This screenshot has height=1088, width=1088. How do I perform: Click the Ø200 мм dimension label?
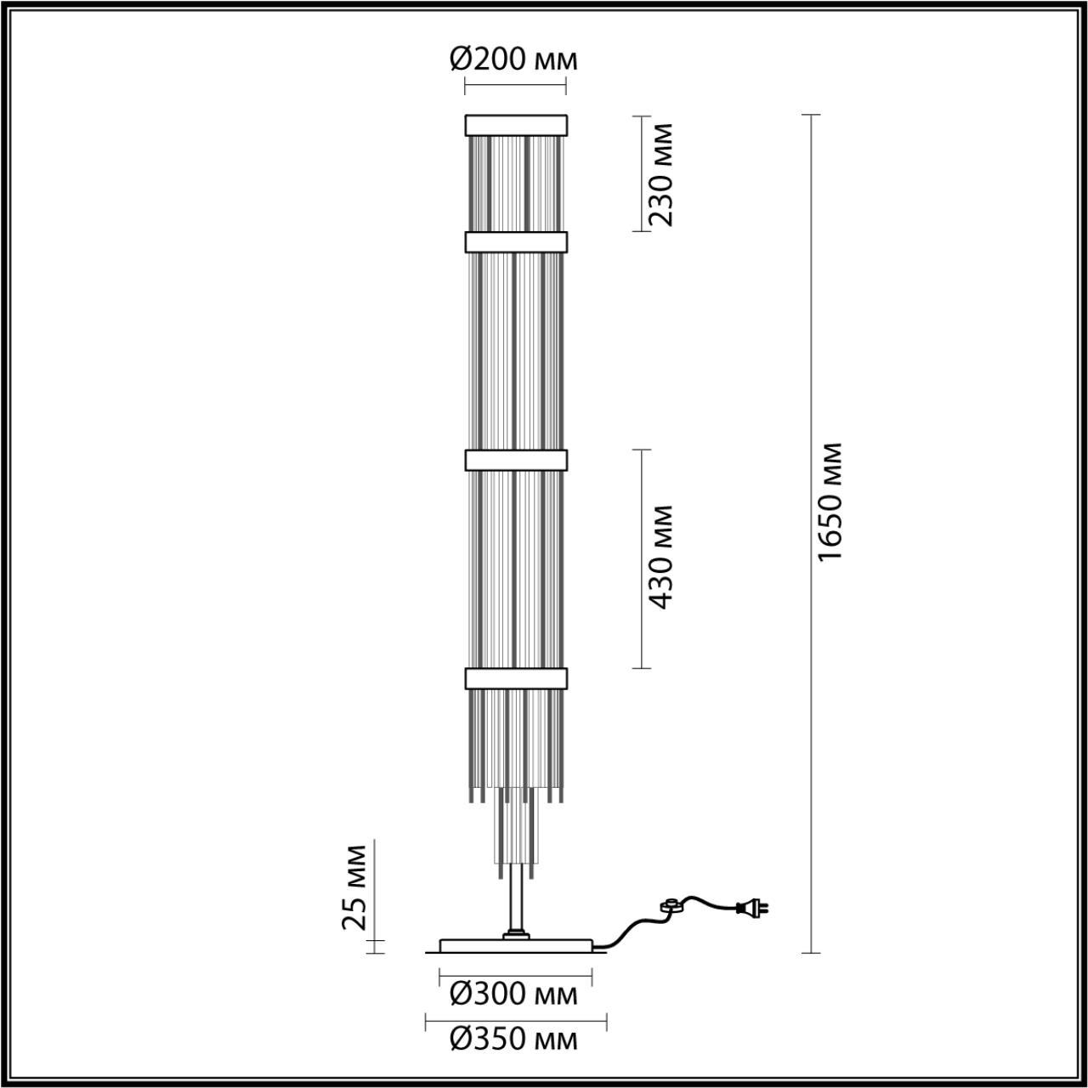[513, 59]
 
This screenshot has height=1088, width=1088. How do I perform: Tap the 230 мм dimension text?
[661, 174]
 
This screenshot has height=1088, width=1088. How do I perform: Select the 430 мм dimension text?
[661, 557]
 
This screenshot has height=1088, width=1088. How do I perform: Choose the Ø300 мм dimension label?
[513, 993]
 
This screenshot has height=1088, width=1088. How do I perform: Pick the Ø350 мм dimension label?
[513, 1038]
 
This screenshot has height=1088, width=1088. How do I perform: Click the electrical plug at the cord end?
[751, 910]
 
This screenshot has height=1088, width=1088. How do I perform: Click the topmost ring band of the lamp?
[515, 125]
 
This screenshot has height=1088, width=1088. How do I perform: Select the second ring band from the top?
[515, 242]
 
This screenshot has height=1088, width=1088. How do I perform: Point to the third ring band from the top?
[515, 460]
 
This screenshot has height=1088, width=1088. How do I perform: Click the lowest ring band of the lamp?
[515, 677]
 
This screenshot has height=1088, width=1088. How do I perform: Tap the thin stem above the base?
[515, 901]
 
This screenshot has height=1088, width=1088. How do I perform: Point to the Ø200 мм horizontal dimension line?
[515, 85]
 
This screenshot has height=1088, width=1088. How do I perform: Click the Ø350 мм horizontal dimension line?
[515, 1020]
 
